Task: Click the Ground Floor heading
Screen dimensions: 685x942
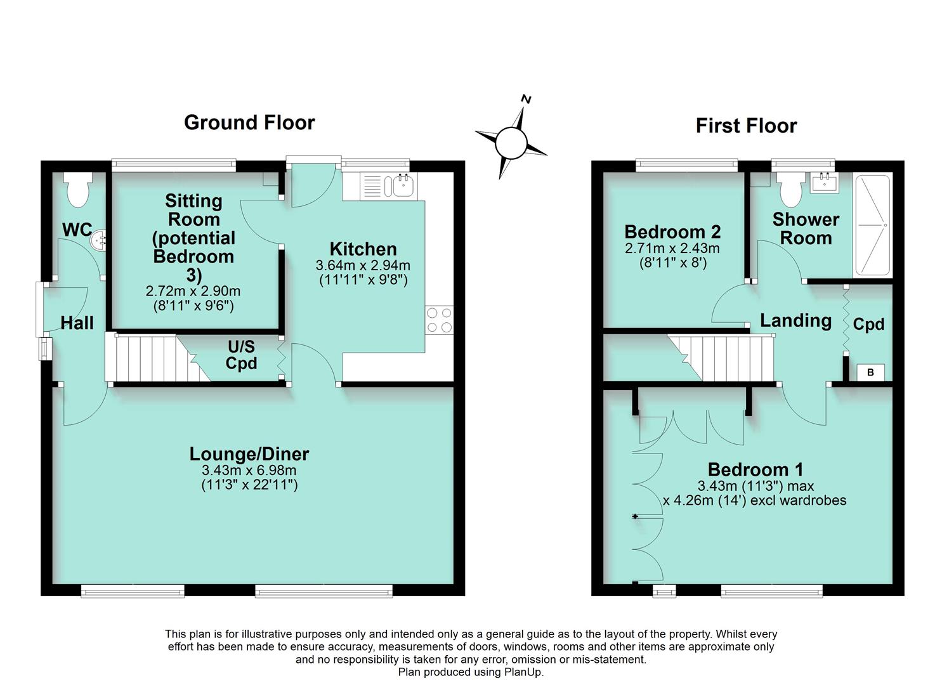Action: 249,122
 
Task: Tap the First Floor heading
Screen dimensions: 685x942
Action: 746,126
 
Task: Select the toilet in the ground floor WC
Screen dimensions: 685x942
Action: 79,190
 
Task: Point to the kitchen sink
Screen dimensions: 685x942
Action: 403,186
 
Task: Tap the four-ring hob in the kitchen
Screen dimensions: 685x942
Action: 439,320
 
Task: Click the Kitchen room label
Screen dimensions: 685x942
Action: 363,249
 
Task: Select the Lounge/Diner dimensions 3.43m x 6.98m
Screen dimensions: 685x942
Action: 249,471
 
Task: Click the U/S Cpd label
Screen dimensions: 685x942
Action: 241,355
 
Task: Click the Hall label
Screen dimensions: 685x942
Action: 77,323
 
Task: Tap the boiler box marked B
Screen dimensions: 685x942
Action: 870,372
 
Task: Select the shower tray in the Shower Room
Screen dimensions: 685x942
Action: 873,225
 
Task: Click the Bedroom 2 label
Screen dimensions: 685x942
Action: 672,232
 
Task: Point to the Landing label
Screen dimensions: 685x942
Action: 795,321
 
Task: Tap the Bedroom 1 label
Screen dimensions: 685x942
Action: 755,469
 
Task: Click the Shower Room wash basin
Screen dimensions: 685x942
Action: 825,182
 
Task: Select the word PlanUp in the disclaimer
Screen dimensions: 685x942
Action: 523,672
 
